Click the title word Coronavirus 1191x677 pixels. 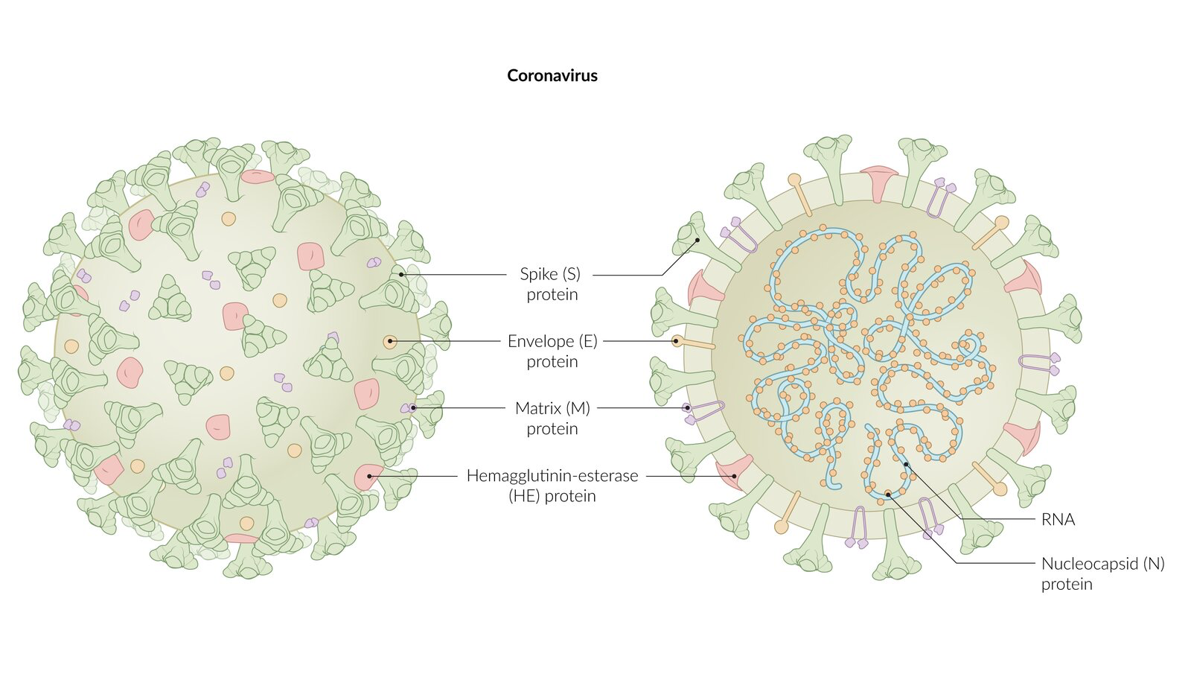[552, 75]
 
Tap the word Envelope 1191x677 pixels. [541, 341]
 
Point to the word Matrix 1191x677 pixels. [537, 408]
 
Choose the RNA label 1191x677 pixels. [1058, 520]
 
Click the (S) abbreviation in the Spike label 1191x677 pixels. [571, 274]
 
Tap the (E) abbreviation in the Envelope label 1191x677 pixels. [589, 341]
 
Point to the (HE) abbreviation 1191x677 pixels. [523, 496]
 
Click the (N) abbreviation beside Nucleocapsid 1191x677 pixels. [1154, 564]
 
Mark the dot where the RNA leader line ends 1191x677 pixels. [906, 465]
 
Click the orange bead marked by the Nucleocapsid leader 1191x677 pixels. [888, 494]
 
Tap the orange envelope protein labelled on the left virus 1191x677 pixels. [390, 341]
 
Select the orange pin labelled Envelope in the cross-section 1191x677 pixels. [677, 341]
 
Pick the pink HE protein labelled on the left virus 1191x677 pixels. [367, 476]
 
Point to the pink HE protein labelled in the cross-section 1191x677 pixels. [733, 475]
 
